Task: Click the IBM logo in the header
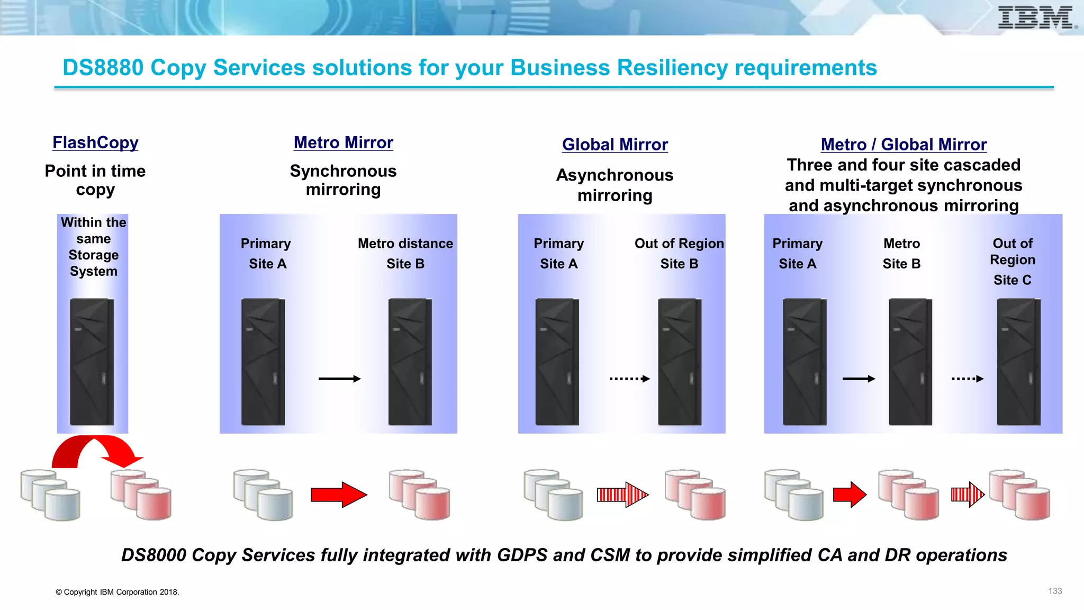pyautogui.click(x=1036, y=18)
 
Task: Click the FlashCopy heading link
pyautogui.click(x=95, y=142)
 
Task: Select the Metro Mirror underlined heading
pyautogui.click(x=344, y=142)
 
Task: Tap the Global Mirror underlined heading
pyautogui.click(x=615, y=145)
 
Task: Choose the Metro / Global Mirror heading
pyautogui.click(x=904, y=145)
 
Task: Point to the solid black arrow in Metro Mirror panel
pyautogui.click(x=339, y=379)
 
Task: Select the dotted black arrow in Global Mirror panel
pyautogui.click(x=629, y=379)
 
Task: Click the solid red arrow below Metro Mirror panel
pyautogui.click(x=339, y=495)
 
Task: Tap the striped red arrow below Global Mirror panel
pyautogui.click(x=622, y=495)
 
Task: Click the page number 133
pyautogui.click(x=1055, y=591)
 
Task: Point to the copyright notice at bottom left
pyautogui.click(x=118, y=592)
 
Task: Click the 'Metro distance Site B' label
pyautogui.click(x=405, y=253)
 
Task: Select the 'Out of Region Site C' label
pyautogui.click(x=1013, y=261)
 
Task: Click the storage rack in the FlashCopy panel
pyautogui.click(x=92, y=362)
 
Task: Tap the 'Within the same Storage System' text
pyautogui.click(x=93, y=247)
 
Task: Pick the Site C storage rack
pyautogui.click(x=1018, y=362)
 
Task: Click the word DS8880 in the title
pyautogui.click(x=103, y=68)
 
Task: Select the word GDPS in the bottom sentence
pyautogui.click(x=522, y=555)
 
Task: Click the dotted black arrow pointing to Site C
pyautogui.click(x=968, y=379)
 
